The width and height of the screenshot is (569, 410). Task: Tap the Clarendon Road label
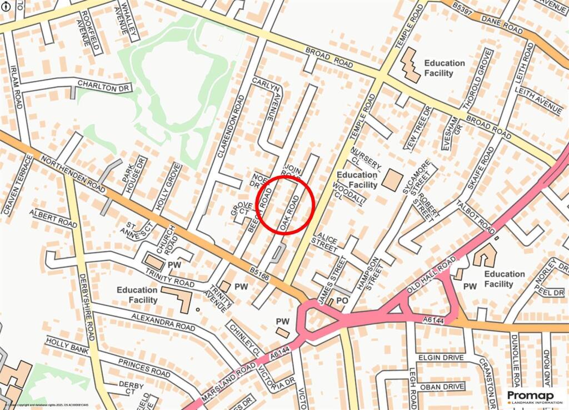point(231,126)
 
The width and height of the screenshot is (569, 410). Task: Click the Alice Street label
point(326,241)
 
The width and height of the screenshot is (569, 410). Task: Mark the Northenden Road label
point(73,175)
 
